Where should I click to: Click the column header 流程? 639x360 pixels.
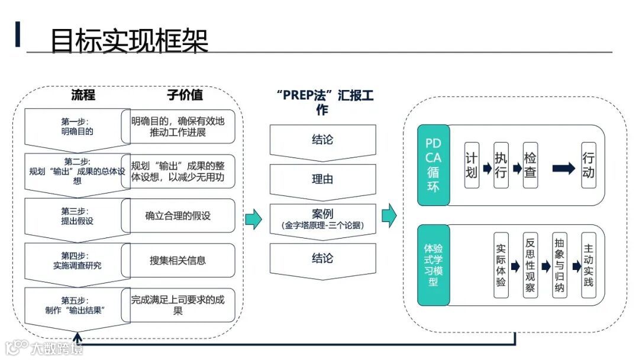tap(83, 95)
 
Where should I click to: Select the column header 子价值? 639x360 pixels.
tap(185, 95)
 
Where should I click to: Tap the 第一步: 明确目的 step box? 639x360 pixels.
tap(77, 126)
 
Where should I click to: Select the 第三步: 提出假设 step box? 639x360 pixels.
tap(77, 216)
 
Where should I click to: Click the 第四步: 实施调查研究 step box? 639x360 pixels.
tap(77, 260)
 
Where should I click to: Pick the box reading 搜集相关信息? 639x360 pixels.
tap(178, 260)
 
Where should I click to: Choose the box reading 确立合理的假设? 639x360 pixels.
tap(178, 216)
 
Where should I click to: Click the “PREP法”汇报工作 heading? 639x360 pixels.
tap(322, 102)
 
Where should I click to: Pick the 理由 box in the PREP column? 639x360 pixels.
tap(322, 179)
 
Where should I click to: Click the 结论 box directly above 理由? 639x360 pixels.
tap(322, 140)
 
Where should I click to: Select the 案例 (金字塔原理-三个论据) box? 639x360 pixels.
tap(322, 218)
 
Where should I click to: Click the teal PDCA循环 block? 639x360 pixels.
tap(433, 165)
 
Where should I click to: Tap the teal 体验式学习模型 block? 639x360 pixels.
tap(433, 265)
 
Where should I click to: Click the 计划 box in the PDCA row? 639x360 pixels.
tap(472, 165)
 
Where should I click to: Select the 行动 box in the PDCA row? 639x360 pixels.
tap(588, 165)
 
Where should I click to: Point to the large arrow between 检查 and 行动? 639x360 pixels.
tap(563, 168)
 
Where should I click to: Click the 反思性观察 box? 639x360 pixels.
tap(530, 265)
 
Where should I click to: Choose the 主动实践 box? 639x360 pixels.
tap(588, 265)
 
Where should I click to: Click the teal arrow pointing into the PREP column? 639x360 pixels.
tap(253, 218)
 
